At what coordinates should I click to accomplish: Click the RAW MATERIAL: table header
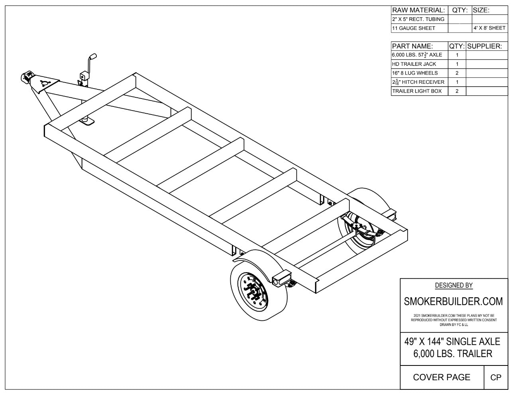[419, 10]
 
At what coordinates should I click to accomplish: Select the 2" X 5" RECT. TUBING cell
[419, 19]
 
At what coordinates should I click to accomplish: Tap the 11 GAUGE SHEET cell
[419, 28]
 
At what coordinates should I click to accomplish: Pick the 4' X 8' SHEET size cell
[490, 28]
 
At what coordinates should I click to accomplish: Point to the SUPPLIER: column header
[487, 46]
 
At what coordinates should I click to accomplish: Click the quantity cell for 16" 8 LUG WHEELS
[457, 73]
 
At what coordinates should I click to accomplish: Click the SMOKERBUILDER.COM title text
[453, 301]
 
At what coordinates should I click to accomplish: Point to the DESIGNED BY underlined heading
[453, 285]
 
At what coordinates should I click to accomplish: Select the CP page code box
[496, 377]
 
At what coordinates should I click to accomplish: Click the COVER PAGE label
[441, 377]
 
